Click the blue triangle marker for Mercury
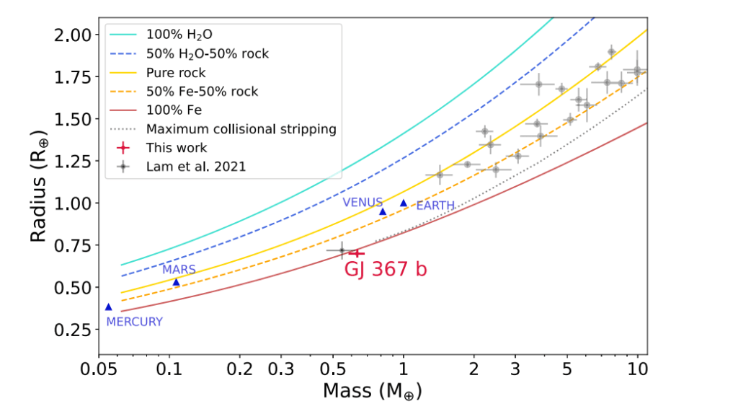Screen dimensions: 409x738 tap(109, 307)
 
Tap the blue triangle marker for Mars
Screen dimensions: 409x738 tap(176, 281)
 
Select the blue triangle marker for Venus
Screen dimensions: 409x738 tap(383, 211)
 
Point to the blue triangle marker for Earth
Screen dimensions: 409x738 tap(404, 203)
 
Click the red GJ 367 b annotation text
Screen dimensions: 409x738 tap(386, 269)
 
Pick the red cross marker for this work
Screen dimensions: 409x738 tap(356, 252)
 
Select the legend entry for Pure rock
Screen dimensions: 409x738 tap(175, 73)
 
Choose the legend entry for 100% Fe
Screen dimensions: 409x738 tap(174, 110)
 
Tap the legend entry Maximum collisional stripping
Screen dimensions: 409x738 tap(241, 129)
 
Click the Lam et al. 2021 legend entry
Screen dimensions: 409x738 tap(196, 167)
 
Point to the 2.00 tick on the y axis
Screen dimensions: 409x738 tap(74, 35)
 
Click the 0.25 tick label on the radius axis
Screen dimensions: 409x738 tap(74, 329)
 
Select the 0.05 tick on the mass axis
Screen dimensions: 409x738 tap(99, 369)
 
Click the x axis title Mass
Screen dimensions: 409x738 tap(372, 391)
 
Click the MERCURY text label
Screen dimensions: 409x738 tap(135, 322)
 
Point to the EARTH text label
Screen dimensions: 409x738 tap(435, 206)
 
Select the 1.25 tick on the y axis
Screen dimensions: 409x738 tap(74, 161)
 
